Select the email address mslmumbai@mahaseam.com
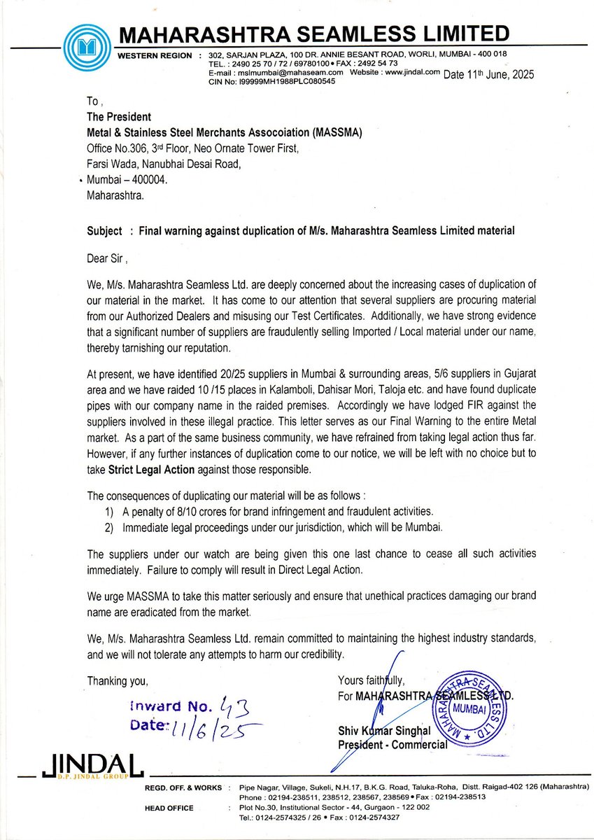[288, 72]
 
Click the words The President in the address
[118, 117]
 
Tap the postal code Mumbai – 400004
[127, 180]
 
